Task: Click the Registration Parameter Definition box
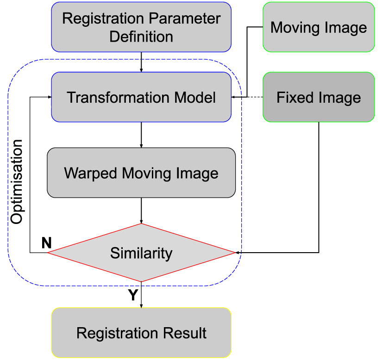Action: point(141,27)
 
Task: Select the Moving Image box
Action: point(319,27)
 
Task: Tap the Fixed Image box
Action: point(319,97)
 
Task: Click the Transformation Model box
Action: point(141,97)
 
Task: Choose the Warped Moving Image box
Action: point(141,173)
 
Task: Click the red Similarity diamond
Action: point(141,253)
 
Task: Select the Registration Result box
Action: point(141,333)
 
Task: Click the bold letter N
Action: point(46,243)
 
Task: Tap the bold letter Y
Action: point(133,295)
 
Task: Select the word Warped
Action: point(91,173)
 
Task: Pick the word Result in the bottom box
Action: point(186,333)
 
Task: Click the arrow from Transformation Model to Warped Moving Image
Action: point(141,135)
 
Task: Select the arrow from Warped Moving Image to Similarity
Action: point(141,211)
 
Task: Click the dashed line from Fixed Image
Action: point(255,97)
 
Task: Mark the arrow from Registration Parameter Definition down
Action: point(141,62)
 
